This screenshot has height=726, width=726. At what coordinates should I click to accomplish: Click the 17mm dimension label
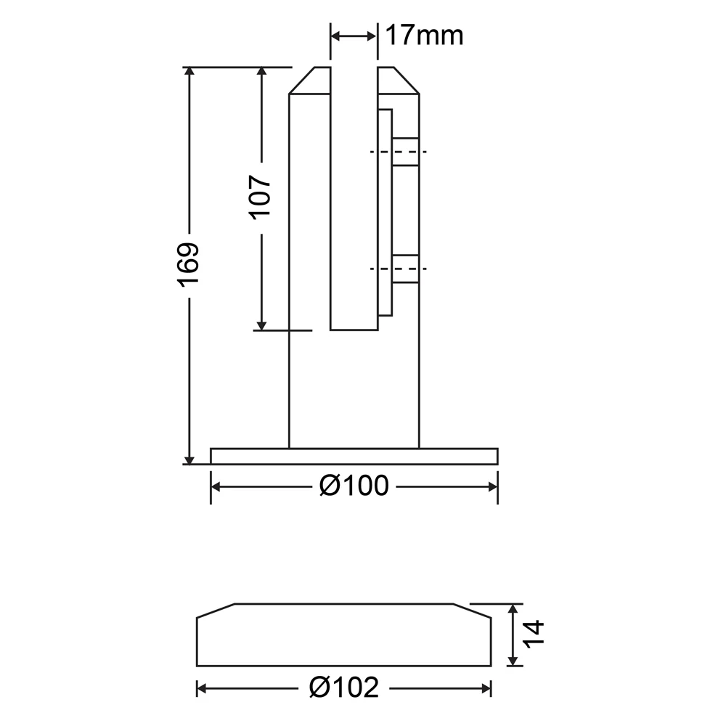tap(424, 35)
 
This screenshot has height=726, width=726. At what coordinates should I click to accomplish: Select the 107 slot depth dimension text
tap(261, 197)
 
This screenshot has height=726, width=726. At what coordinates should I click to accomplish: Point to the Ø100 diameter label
tap(354, 486)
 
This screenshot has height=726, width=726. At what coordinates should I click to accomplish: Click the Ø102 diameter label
tap(344, 688)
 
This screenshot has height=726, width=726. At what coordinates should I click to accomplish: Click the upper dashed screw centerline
tap(398, 152)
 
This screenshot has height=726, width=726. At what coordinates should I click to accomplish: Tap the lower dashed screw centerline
tap(398, 269)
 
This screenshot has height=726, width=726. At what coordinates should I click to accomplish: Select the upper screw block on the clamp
tap(406, 152)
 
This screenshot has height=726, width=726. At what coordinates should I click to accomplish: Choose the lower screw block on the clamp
tap(406, 269)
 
